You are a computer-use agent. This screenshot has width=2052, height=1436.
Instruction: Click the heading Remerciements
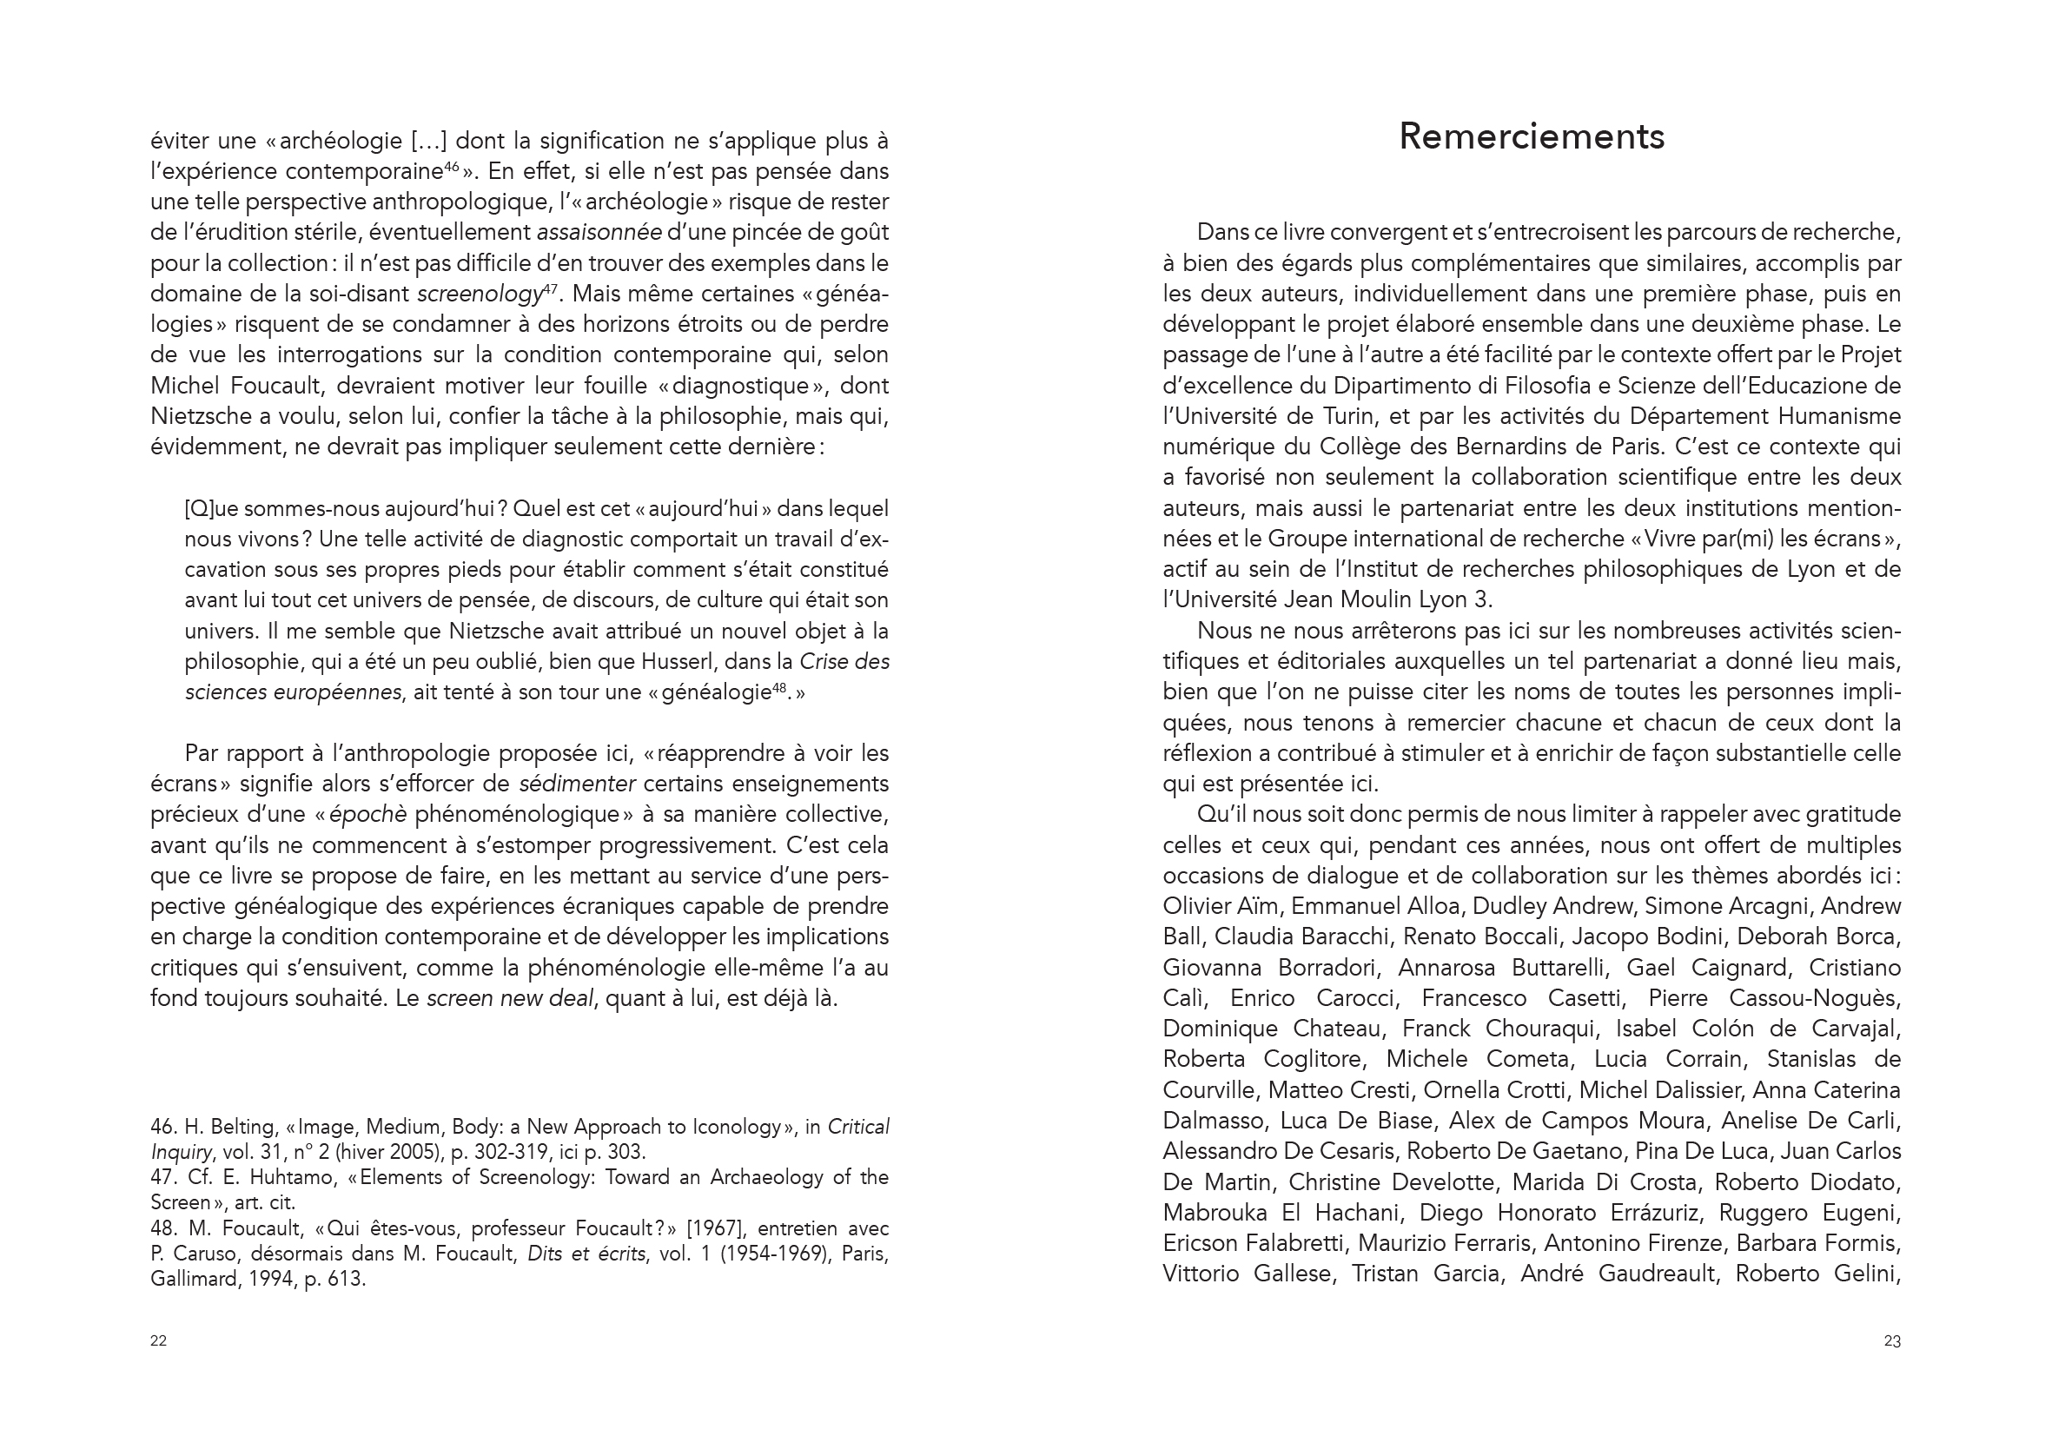[1531, 136]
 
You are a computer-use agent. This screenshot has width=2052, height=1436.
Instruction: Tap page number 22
[158, 1340]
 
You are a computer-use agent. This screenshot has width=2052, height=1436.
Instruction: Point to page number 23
[1892, 1340]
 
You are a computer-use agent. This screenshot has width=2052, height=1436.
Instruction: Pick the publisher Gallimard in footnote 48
[191, 1280]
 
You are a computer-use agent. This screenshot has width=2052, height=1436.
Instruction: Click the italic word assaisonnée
[599, 232]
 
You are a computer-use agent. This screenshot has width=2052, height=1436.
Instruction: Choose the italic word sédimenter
[578, 784]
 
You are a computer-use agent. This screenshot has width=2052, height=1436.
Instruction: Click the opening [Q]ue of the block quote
[211, 509]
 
